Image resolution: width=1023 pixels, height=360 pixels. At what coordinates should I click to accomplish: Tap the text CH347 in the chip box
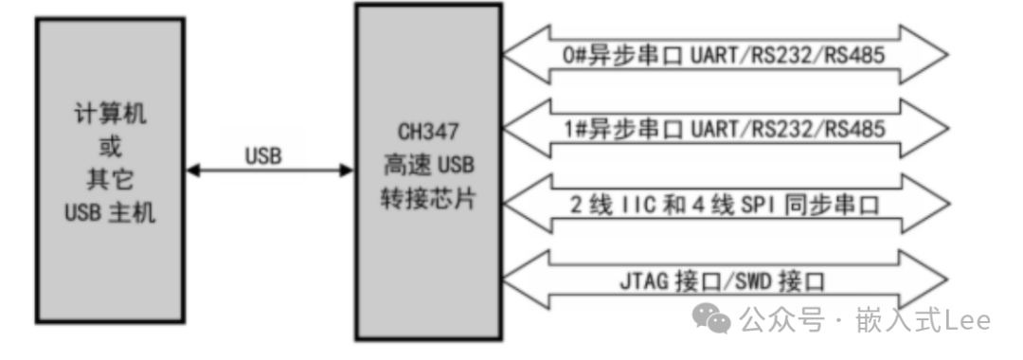pyautogui.click(x=427, y=132)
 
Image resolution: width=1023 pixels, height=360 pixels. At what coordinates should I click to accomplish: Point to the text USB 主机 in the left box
pyautogui.click(x=110, y=213)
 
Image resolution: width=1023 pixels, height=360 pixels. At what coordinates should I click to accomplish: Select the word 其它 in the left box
pyautogui.click(x=111, y=181)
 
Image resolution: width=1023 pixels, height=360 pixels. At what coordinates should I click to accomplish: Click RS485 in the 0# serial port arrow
pyautogui.click(x=855, y=55)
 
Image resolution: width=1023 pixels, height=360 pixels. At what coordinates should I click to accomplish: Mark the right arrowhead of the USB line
pyautogui.click(x=346, y=171)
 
